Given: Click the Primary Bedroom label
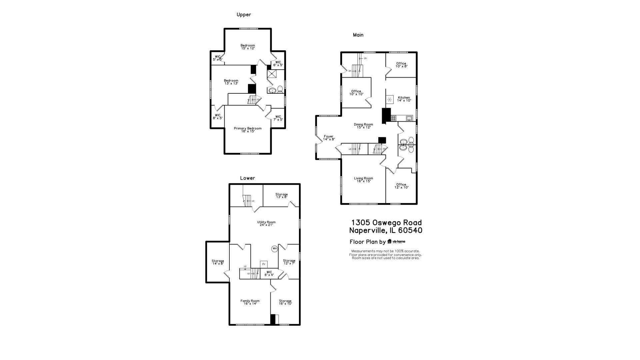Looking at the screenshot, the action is [x=248, y=130].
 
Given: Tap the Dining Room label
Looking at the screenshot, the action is [x=363, y=126].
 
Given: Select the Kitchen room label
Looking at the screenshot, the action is [x=404, y=99].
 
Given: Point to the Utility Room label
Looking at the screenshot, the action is [x=266, y=223].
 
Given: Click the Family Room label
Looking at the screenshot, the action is [x=250, y=302].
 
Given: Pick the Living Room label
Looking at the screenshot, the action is [x=363, y=180].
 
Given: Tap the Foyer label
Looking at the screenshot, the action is [x=329, y=138].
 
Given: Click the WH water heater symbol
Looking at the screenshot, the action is [x=275, y=249].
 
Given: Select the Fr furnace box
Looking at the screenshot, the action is [x=264, y=264].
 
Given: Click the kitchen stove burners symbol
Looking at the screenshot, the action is [x=393, y=118].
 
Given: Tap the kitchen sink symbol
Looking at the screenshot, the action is [x=409, y=118].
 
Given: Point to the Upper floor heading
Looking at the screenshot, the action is [x=244, y=15].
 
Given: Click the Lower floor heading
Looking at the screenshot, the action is [x=247, y=178].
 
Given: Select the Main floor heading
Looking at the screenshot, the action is [x=358, y=35].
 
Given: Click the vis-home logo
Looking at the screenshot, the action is [x=396, y=242].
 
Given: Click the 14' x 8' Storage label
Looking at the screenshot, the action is [x=218, y=262].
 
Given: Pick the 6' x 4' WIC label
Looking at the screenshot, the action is [x=269, y=274].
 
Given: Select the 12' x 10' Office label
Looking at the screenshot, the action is [x=401, y=186].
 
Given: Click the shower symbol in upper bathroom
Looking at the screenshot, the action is [x=272, y=74].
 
